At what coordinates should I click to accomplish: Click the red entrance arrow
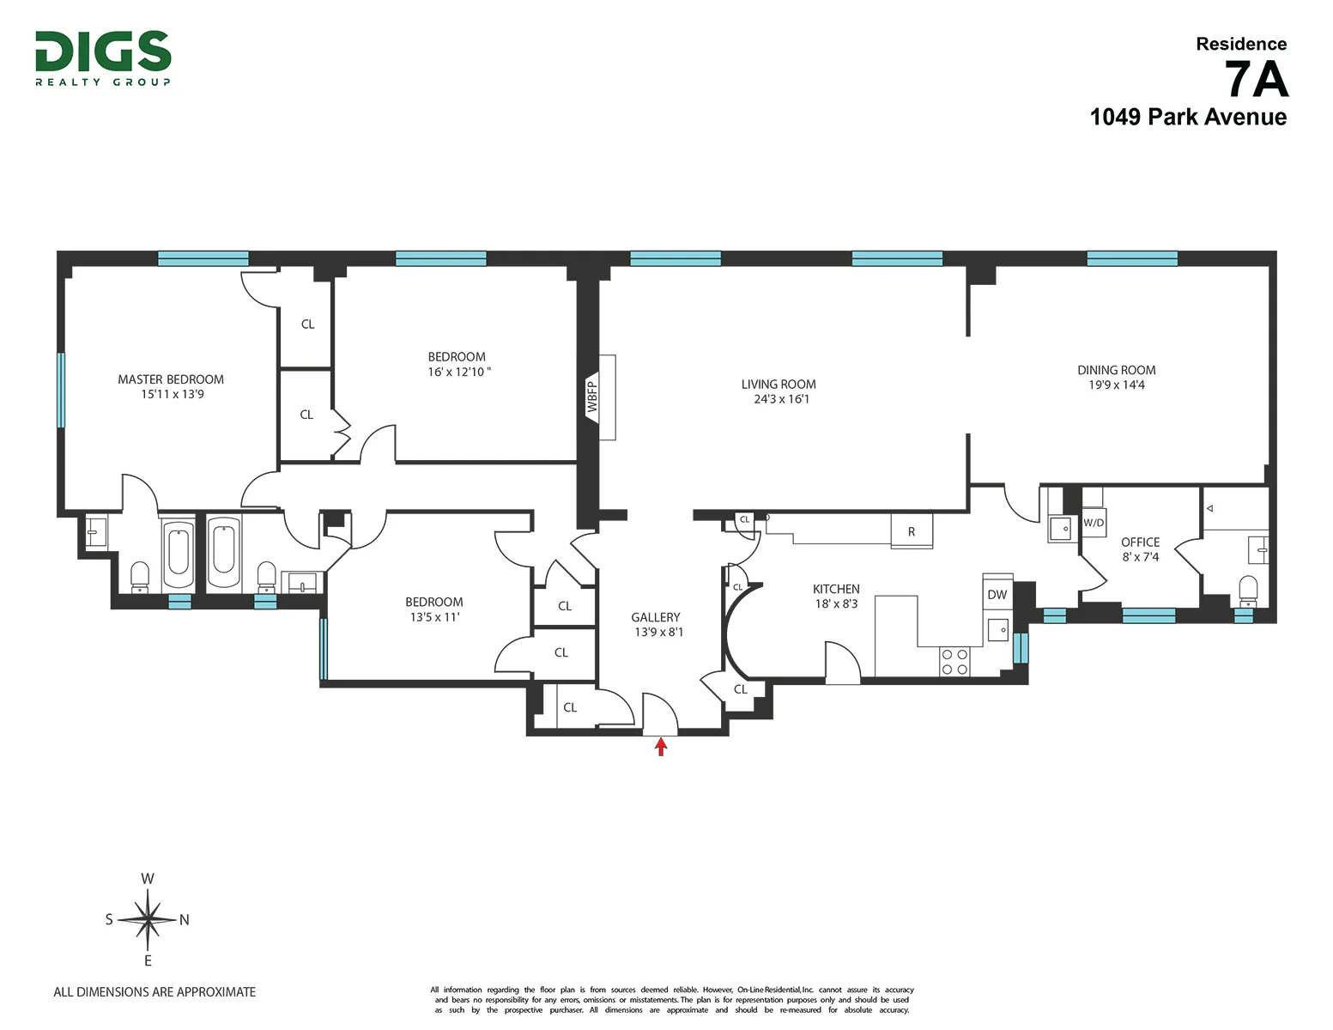660,747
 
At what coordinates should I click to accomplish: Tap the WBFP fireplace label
592,397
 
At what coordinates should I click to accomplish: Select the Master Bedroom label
171,379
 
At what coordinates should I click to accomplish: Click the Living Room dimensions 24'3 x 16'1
781,399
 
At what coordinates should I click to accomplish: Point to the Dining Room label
1116,370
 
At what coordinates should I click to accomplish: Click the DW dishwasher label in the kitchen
997,595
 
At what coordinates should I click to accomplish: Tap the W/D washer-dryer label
1093,523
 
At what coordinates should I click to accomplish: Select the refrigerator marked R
912,532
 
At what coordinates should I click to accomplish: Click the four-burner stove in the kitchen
954,662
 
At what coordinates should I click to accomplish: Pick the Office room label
1140,542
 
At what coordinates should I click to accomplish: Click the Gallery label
655,617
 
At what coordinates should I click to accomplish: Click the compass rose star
148,920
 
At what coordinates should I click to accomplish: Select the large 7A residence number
1256,80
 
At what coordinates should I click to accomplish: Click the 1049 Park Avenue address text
1187,118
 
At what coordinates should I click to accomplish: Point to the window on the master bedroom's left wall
61,390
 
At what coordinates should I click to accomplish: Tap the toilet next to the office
1247,588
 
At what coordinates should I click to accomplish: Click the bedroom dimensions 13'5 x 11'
434,617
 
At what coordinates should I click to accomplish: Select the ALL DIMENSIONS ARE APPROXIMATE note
155,992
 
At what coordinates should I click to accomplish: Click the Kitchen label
836,589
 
